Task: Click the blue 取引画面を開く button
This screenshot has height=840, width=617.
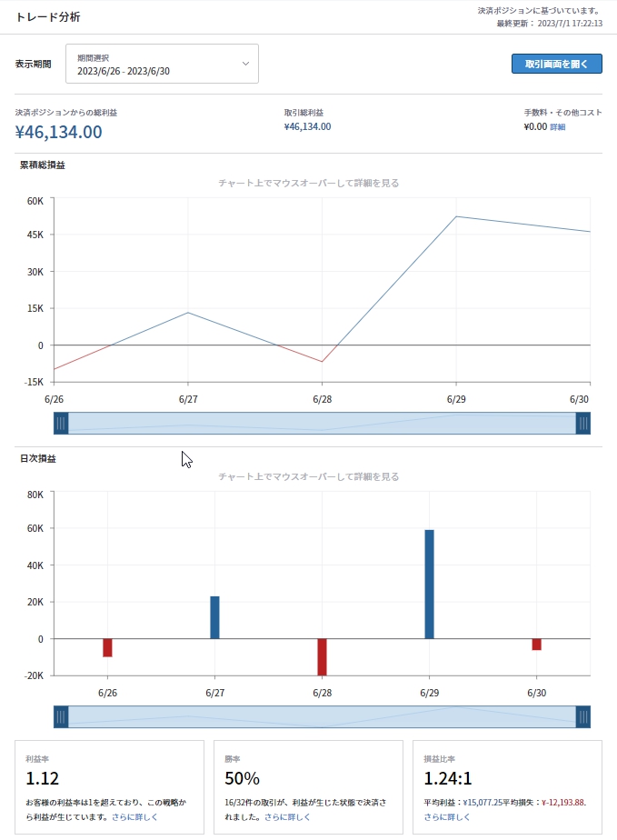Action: click(x=557, y=64)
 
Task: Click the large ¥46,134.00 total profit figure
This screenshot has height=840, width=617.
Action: click(x=59, y=133)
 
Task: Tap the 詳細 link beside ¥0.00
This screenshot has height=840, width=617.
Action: click(x=557, y=127)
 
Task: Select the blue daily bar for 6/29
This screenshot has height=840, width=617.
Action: click(x=429, y=584)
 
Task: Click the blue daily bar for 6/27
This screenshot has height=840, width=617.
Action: click(x=214, y=617)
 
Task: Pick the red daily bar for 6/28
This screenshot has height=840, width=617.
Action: click(x=322, y=656)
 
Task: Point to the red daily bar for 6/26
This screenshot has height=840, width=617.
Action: click(x=107, y=647)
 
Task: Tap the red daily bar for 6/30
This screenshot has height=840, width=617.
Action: click(x=536, y=645)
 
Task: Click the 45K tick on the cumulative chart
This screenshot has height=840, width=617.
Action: click(x=35, y=235)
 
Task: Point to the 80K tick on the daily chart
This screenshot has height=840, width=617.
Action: click(x=35, y=495)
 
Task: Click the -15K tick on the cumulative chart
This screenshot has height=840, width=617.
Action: click(x=33, y=382)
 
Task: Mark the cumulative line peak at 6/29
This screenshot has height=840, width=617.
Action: click(x=455, y=216)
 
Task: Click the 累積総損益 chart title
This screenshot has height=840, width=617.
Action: click(x=43, y=165)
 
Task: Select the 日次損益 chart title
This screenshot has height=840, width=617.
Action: click(x=37, y=459)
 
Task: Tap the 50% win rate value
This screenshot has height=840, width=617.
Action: click(x=242, y=778)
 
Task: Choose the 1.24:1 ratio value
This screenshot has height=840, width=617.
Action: click(x=448, y=778)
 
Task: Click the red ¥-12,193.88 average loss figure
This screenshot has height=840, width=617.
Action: click(x=563, y=803)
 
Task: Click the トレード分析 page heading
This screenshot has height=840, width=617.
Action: click(x=48, y=17)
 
